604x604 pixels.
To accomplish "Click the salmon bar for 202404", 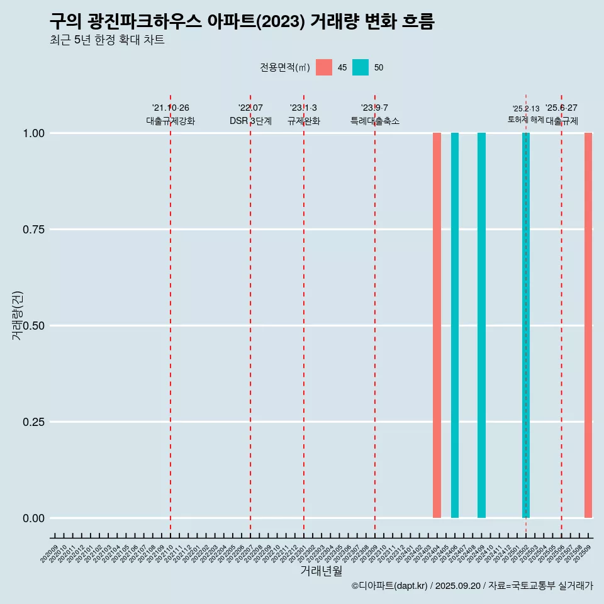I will (x=437, y=325).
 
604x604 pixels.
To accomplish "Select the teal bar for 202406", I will (x=454, y=325).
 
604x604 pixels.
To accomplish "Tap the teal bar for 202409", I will (x=481, y=325).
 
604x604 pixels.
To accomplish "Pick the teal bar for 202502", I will (x=526, y=325).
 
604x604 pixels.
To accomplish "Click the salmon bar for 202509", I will (x=588, y=325).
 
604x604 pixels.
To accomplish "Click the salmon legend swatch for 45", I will (x=324, y=67).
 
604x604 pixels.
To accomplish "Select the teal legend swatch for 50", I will (x=361, y=67).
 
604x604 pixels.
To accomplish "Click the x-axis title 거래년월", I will (x=322, y=571).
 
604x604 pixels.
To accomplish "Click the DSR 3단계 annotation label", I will (x=250, y=121).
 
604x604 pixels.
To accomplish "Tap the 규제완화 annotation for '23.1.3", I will (x=304, y=121).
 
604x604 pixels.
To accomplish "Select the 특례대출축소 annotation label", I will (x=375, y=121).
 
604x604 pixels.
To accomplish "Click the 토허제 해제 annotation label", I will (x=525, y=120).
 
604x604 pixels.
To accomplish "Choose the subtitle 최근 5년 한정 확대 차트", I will (x=107, y=40).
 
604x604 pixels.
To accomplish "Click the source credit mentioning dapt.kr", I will (x=472, y=586).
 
